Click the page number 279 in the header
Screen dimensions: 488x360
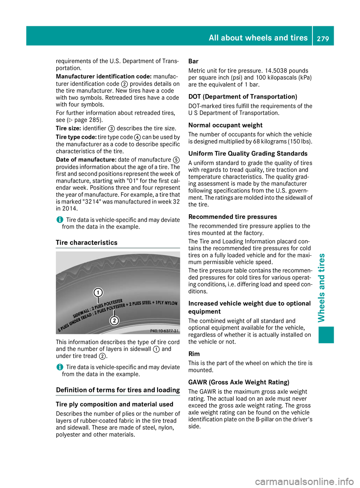click(x=322, y=38)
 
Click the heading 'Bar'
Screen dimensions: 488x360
click(x=193, y=61)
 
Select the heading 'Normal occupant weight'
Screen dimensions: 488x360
click(x=225, y=125)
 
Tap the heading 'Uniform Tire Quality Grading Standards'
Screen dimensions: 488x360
click(x=248, y=154)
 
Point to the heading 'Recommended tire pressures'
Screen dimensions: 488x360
click(x=232, y=217)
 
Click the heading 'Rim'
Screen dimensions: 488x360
click(x=194, y=354)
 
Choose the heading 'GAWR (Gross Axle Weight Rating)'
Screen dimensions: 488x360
click(x=239, y=382)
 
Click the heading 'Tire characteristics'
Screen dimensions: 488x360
click(x=87, y=243)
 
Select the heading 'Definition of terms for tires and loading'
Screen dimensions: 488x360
click(x=118, y=390)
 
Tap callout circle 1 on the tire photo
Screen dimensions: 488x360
click(x=98, y=292)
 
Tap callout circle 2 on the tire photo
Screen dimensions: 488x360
click(x=114, y=320)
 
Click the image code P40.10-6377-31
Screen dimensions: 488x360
click(x=164, y=331)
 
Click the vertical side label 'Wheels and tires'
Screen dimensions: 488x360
click(x=321, y=288)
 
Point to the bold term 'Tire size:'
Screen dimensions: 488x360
click(x=68, y=128)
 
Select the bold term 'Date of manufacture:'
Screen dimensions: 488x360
click(x=86, y=160)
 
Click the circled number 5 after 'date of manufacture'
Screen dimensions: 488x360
click(x=176, y=160)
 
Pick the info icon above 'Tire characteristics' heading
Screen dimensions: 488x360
click(x=60, y=220)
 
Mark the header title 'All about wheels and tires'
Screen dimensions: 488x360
click(x=258, y=38)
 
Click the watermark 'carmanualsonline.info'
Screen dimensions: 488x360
click(x=304, y=481)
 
